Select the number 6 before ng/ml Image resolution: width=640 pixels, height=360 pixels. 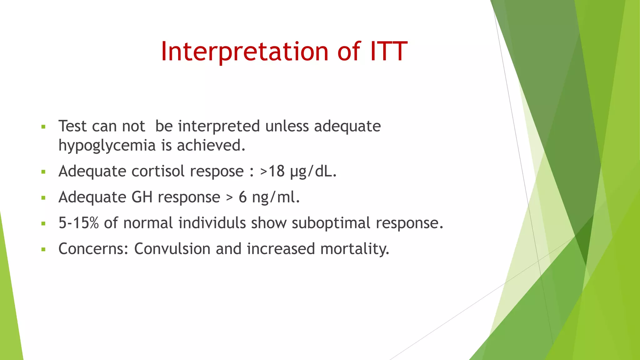click(x=242, y=197)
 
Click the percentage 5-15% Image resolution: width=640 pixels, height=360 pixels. click(x=78, y=223)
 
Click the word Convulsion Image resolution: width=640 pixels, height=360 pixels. click(x=172, y=249)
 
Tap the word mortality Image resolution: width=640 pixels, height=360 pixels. click(x=355, y=249)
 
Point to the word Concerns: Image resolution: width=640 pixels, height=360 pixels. click(x=93, y=249)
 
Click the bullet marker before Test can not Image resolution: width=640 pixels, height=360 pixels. click(x=43, y=127)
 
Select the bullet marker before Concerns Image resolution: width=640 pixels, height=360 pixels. click(x=43, y=250)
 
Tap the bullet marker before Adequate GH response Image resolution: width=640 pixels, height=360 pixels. click(x=43, y=198)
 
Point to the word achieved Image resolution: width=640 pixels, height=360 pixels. click(x=211, y=145)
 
